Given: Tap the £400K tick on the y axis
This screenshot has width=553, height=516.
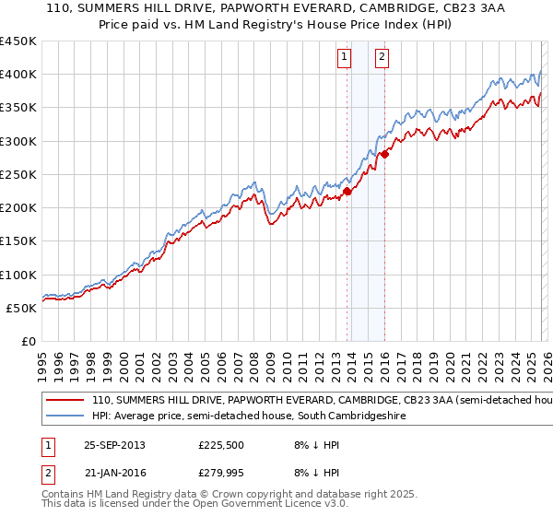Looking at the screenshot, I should click(18, 75).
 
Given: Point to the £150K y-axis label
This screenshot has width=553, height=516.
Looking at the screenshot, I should click(18, 241).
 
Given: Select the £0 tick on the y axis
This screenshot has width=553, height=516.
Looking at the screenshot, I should click(29, 341).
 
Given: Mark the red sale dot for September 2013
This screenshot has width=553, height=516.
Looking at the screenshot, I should click(347, 192).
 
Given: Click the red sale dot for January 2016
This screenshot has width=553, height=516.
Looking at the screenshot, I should click(384, 154).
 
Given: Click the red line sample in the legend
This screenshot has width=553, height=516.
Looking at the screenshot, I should click(65, 401).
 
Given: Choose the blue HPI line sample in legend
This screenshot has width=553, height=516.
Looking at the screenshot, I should click(65, 416).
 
